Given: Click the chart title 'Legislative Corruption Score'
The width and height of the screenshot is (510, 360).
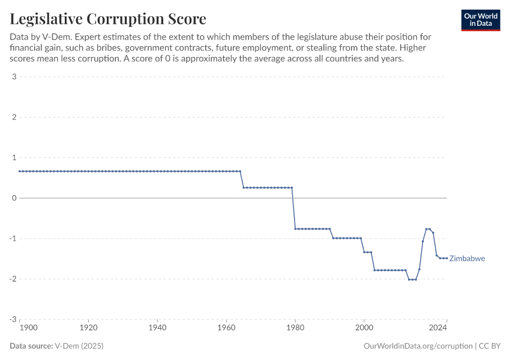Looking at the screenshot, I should point(108,19).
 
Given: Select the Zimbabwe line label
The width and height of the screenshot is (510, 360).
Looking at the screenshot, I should point(467,259).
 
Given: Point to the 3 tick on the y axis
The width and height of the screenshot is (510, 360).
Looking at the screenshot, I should point(13,76).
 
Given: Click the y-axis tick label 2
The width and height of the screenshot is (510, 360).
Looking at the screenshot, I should point(13,117).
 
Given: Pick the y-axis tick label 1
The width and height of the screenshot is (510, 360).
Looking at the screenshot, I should point(13,157).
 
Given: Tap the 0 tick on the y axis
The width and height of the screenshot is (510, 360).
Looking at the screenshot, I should point(13,198).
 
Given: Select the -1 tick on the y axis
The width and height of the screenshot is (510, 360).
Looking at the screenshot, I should point(12,238).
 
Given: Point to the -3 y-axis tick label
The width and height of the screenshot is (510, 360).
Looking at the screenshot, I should point(12,319).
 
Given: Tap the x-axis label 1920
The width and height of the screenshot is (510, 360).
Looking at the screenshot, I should point(88,328).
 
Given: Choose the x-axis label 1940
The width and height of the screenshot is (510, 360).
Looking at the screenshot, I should point(157,328).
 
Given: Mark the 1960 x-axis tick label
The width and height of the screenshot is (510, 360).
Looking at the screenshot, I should point(226,328).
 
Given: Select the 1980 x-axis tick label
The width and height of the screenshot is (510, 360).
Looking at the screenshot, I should point(295,328).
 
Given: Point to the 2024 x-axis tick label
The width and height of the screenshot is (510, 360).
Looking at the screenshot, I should point(439,328).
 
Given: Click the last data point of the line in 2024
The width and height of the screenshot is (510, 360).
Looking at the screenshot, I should point(446,258).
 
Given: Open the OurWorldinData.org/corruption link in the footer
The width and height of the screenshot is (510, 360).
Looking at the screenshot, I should point(418,346).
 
